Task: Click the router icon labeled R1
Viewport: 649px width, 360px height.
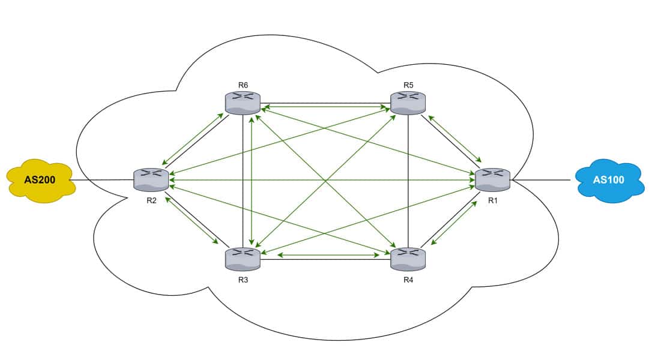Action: [x=492, y=179]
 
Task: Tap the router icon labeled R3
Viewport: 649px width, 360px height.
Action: [x=243, y=259]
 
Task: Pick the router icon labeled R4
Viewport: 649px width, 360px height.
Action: [x=408, y=259]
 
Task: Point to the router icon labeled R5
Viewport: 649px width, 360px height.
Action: [x=408, y=103]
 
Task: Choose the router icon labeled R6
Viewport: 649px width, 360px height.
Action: [x=243, y=103]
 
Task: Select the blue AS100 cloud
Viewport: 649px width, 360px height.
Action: [x=609, y=180]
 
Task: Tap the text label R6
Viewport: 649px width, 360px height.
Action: [x=243, y=85]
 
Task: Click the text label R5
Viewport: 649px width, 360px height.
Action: [x=408, y=85]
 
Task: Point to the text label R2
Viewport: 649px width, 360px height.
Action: [x=151, y=200]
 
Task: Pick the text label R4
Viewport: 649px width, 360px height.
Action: [x=408, y=279]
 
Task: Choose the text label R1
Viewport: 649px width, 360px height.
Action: [x=493, y=200]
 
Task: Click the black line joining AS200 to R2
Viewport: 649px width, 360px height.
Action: [x=102, y=180]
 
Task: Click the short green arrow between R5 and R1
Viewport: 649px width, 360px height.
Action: [x=455, y=139]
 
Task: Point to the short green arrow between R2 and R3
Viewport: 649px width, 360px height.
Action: [x=192, y=220]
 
